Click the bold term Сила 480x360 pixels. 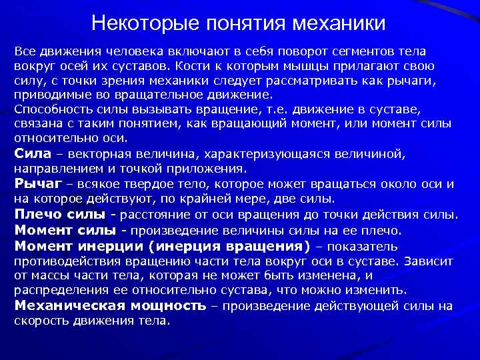pos(33,153)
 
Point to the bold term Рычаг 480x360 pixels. pos(38,183)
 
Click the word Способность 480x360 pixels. pos(49,109)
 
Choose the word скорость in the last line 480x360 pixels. pos(39,320)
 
